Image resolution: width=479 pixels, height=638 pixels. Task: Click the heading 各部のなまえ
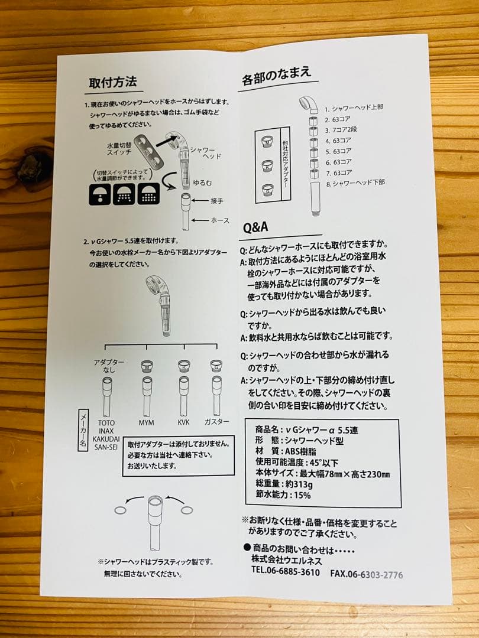[276, 76]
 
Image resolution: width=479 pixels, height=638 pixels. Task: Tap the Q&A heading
[255, 227]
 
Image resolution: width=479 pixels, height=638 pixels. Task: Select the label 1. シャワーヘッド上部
[354, 108]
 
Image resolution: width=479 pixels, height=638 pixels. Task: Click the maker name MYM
[146, 424]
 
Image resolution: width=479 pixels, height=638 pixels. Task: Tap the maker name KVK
[183, 424]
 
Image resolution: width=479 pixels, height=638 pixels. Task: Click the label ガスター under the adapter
[216, 424]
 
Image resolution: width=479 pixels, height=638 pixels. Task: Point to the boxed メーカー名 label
[83, 431]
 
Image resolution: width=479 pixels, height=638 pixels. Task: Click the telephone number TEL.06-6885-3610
[285, 572]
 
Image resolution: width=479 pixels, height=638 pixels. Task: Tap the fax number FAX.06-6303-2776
[367, 573]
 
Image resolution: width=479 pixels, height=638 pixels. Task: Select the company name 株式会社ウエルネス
[285, 560]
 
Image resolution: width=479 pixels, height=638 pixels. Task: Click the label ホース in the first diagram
[220, 220]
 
